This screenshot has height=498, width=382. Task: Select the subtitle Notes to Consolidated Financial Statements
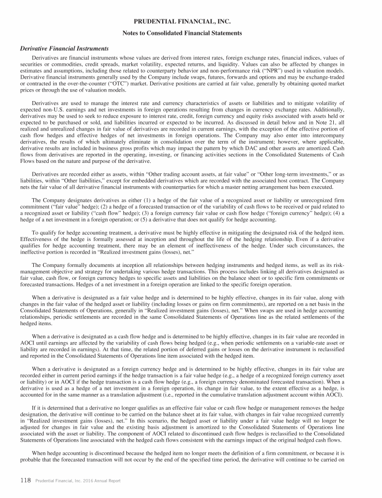pos(191,33)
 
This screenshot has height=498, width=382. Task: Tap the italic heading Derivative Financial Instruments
pos(64,48)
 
